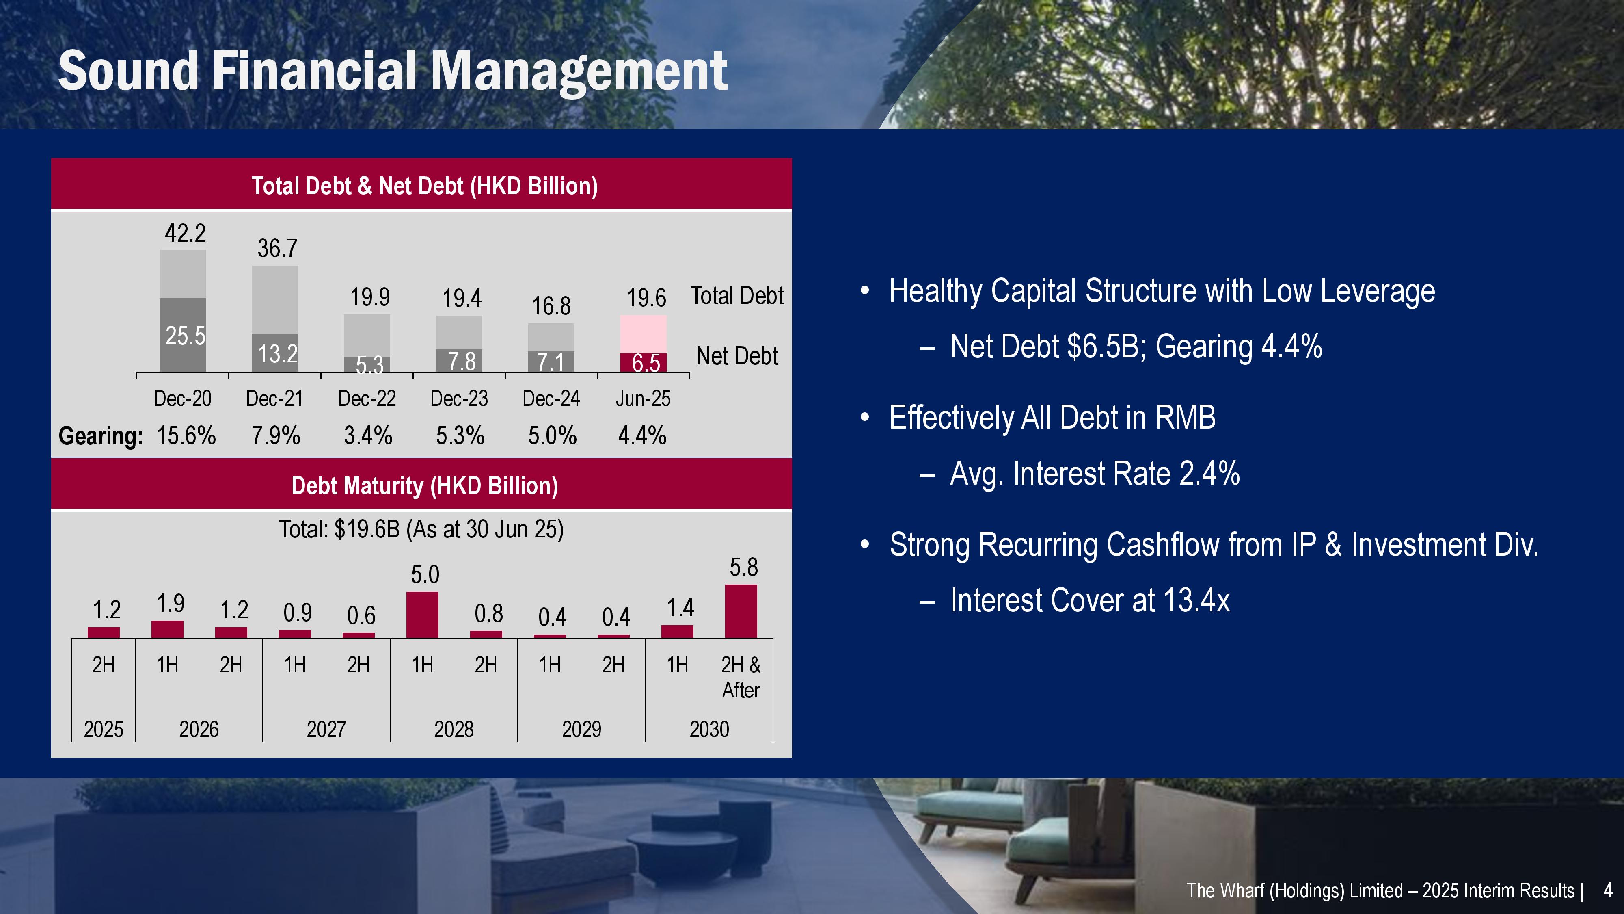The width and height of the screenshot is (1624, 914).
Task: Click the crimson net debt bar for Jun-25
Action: click(643, 363)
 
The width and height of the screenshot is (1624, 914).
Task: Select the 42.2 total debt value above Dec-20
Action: click(185, 234)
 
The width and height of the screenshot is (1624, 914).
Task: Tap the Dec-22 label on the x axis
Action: click(367, 399)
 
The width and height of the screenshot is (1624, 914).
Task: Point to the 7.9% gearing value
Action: click(276, 435)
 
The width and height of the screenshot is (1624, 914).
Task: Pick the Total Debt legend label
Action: click(736, 295)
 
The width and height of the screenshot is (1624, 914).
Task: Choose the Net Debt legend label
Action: click(736, 356)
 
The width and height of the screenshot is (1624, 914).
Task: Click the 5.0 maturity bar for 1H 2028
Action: click(422, 615)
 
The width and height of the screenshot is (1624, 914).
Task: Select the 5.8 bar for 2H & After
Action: click(741, 611)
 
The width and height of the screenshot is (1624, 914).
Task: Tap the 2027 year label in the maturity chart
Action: click(326, 729)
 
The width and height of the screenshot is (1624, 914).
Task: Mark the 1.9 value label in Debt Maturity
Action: click(170, 604)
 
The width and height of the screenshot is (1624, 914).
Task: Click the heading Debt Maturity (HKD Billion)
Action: click(424, 486)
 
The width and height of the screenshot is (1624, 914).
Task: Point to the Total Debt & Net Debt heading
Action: click(424, 186)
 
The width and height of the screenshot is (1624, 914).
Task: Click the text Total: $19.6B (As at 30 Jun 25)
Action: click(421, 529)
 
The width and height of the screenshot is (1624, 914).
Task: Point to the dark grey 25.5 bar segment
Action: click(182, 335)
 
